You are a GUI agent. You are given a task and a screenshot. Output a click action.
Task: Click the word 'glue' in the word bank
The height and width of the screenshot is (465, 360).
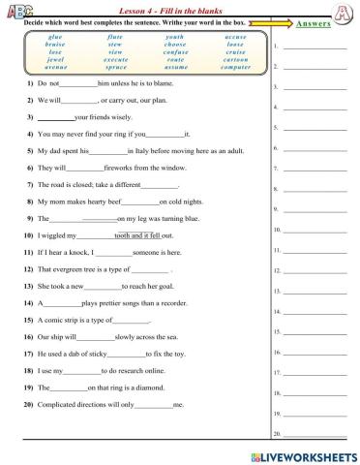click(x=54, y=36)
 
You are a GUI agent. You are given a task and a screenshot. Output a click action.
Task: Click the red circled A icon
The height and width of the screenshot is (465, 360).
click(x=342, y=13)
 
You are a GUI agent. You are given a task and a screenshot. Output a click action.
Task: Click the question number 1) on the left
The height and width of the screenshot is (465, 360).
click(x=32, y=84)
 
